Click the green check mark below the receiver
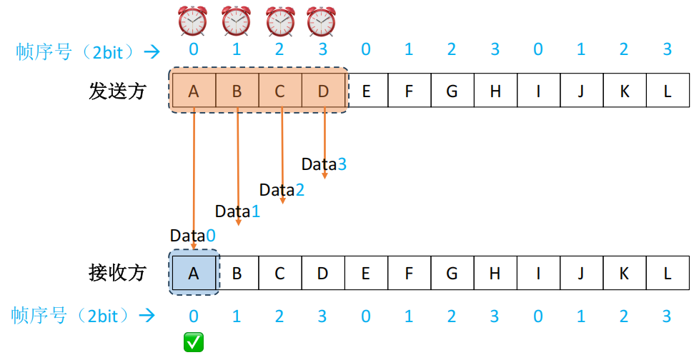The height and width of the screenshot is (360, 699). click(x=194, y=343)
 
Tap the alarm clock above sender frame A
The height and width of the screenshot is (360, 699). click(x=193, y=21)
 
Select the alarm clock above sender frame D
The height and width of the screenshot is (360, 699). click(x=322, y=21)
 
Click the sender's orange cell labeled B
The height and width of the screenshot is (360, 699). click(x=237, y=91)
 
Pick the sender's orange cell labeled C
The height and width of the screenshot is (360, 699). click(x=280, y=91)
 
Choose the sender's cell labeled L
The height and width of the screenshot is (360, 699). click(x=668, y=91)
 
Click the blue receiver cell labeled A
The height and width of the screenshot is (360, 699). click(x=194, y=273)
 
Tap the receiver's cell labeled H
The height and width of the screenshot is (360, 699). click(x=495, y=273)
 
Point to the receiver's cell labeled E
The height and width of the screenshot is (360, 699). click(x=367, y=273)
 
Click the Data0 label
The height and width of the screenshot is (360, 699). click(x=192, y=236)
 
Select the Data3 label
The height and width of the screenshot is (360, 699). click(x=324, y=164)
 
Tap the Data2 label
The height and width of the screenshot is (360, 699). click(x=282, y=190)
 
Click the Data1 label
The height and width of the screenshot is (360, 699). click(x=238, y=211)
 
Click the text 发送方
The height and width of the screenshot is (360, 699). click(x=117, y=91)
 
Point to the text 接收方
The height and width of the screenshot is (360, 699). click(x=117, y=272)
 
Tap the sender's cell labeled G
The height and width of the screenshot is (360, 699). click(x=452, y=91)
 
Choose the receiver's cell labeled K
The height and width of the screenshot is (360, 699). click(x=625, y=273)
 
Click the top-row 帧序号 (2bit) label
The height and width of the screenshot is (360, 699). click(x=79, y=51)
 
